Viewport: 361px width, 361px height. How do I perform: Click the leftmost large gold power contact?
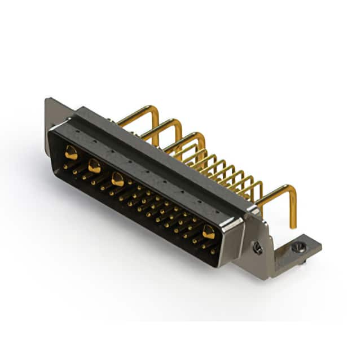(x=71, y=151)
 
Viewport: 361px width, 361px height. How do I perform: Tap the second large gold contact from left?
(x=94, y=166)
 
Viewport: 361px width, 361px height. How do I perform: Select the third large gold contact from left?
(x=117, y=179)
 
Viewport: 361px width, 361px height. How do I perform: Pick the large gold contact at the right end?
(x=209, y=231)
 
